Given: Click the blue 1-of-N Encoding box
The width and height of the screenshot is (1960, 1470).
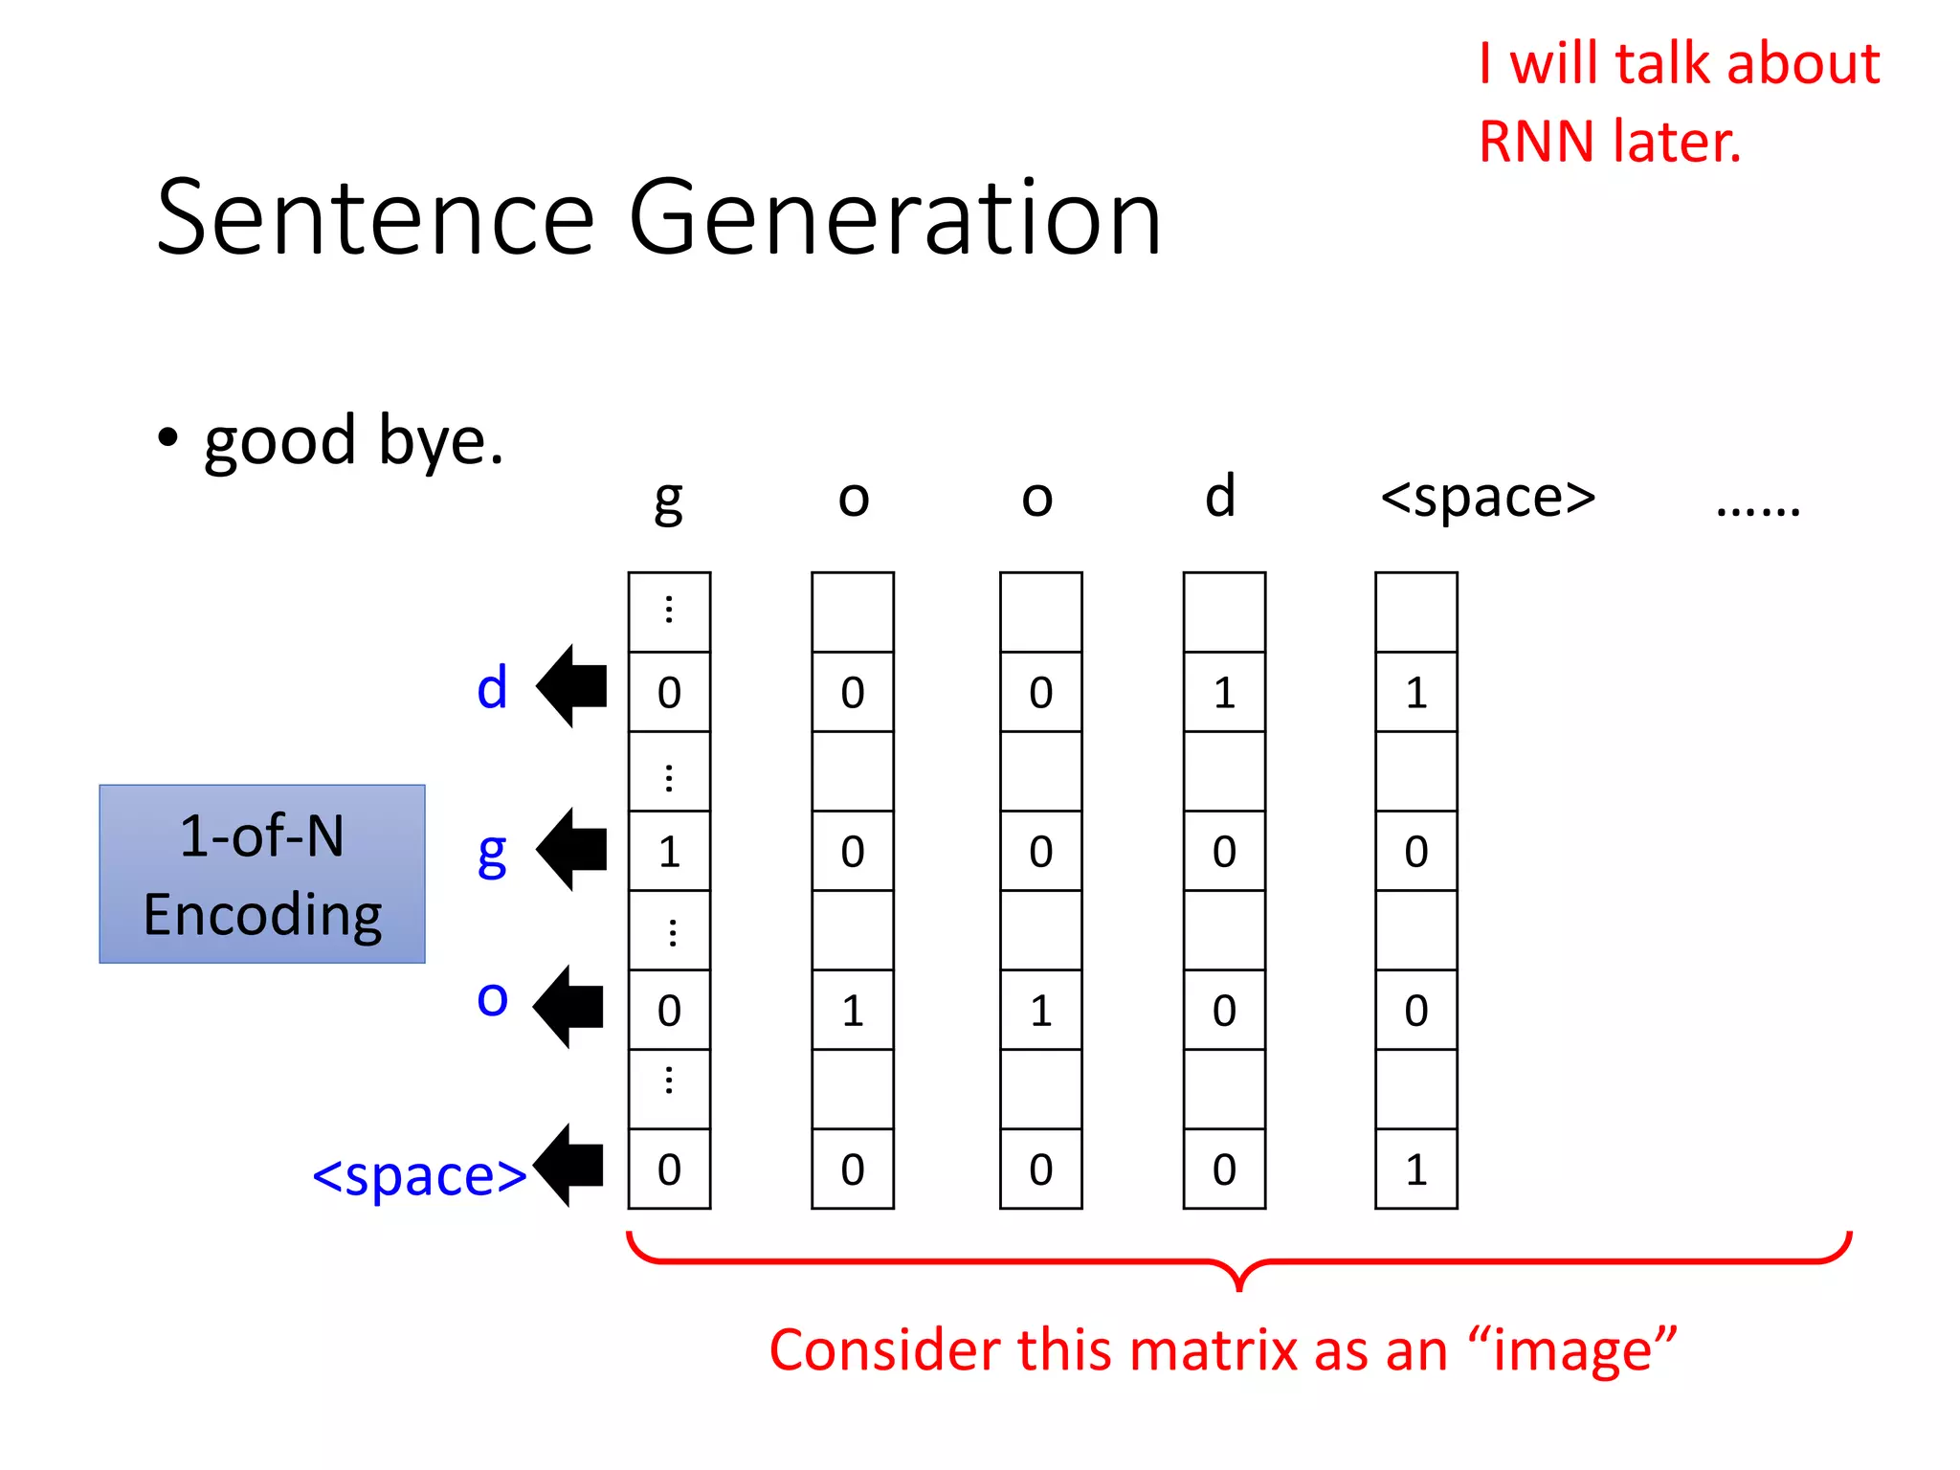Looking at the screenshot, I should point(262,874).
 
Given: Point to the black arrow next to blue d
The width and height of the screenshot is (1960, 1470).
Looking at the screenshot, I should point(572,685).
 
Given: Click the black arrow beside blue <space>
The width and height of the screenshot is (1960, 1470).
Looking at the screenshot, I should point(569,1165).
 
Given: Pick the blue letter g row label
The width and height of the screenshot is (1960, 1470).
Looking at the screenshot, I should point(492,852).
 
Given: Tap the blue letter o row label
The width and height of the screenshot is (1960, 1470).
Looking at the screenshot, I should point(492,998).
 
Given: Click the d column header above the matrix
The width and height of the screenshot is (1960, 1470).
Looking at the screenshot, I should point(1220,496).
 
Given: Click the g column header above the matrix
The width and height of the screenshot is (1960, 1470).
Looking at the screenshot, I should point(668,500).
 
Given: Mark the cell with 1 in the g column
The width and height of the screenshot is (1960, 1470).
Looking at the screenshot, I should point(669,851).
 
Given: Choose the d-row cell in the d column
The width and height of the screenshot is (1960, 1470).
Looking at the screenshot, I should point(1224,692).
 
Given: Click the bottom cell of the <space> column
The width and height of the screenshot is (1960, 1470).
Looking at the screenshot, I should point(1416,1169).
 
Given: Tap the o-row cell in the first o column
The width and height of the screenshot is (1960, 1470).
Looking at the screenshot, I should point(853,1011).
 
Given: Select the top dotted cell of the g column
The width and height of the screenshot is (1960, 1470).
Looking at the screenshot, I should point(669,612).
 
